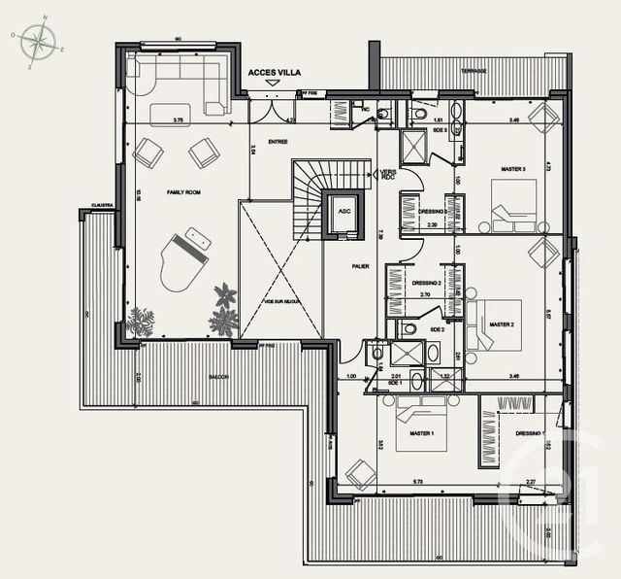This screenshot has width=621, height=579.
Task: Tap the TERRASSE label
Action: click(474, 71)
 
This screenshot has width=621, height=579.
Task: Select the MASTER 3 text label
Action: click(513, 169)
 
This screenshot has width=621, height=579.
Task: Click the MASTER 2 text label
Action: click(501, 324)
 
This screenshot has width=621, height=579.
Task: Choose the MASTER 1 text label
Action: click(421, 433)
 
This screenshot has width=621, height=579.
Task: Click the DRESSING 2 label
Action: click(427, 283)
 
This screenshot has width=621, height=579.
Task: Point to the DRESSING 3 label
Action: click(431, 211)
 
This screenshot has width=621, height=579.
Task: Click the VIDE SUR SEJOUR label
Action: click(282, 301)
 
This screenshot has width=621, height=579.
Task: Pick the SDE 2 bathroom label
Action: click(437, 330)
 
